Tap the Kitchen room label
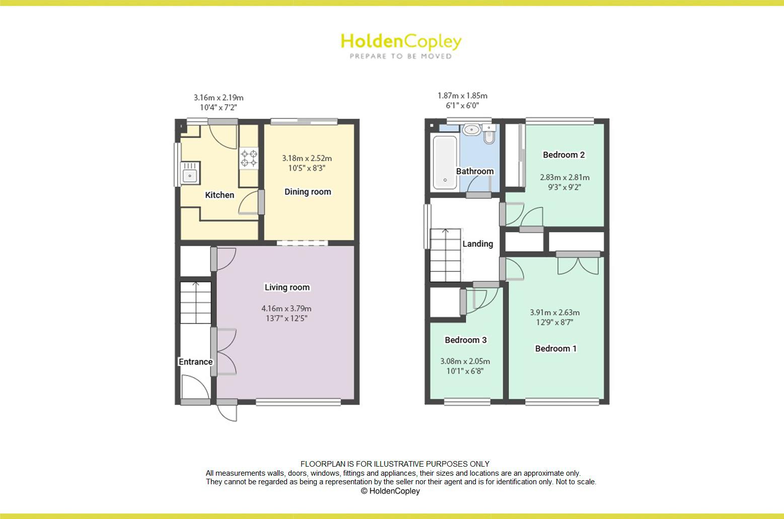click(x=220, y=195)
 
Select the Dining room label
click(x=308, y=192)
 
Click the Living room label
click(x=287, y=287)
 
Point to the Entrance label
click(x=196, y=361)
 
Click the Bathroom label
click(x=475, y=171)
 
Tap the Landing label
click(x=478, y=244)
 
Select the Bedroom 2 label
click(x=563, y=155)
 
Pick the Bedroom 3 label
click(x=465, y=340)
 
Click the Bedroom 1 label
click(x=555, y=348)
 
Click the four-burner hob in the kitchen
click(x=249, y=159)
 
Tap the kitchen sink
click(x=190, y=173)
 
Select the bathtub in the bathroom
click(x=445, y=163)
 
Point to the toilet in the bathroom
click(x=489, y=133)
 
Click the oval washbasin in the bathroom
click(x=471, y=129)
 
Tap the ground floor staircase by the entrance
click(x=196, y=303)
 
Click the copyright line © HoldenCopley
click(x=390, y=491)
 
